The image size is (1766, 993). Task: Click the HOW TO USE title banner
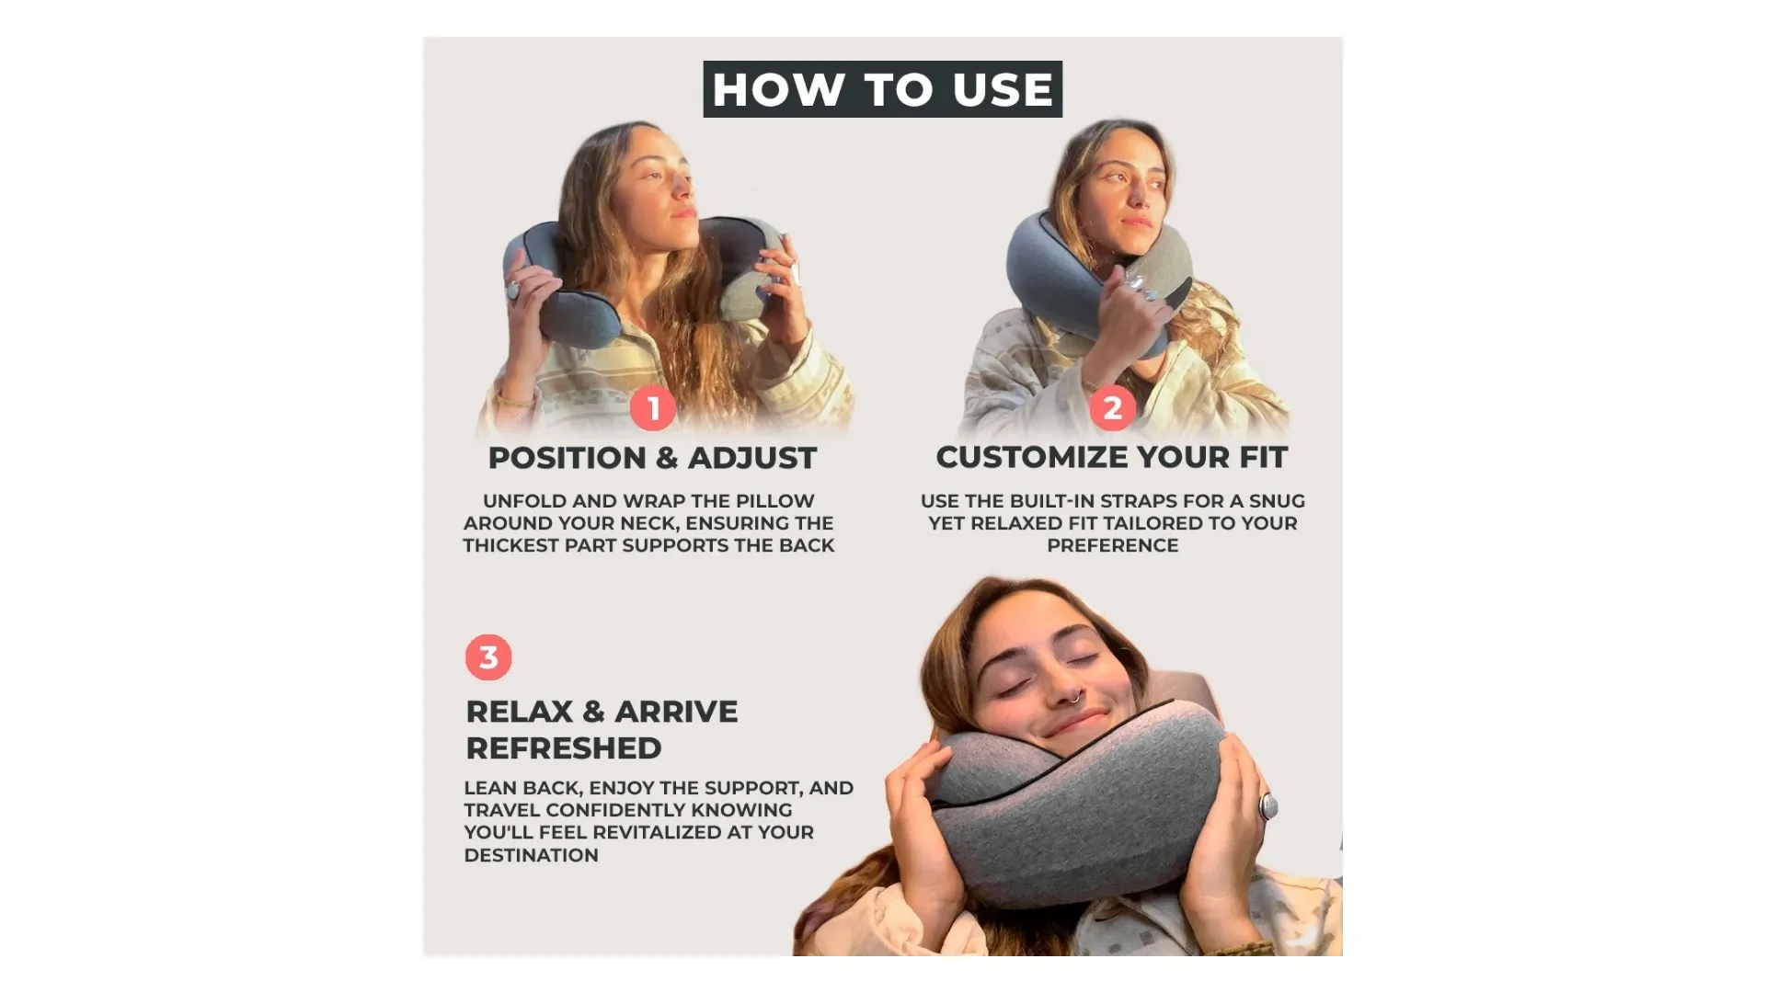click(882, 89)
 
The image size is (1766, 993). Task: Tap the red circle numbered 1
click(653, 407)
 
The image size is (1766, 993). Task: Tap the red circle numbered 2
click(1112, 407)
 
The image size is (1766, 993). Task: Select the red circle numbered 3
click(488, 657)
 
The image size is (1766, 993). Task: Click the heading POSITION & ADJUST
click(652, 458)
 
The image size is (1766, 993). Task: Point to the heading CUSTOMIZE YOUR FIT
click(1112, 457)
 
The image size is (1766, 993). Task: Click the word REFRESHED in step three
click(564, 748)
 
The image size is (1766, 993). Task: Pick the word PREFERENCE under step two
click(1112, 545)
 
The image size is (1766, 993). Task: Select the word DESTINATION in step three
click(531, 855)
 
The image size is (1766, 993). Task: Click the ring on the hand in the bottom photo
click(1268, 806)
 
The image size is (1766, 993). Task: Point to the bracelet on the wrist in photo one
click(517, 401)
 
